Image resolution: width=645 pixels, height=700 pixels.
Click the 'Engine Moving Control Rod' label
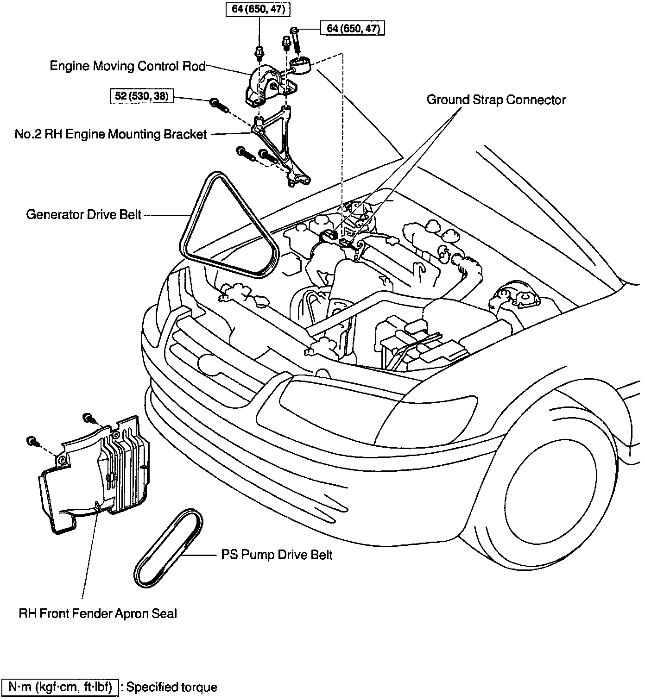click(127, 66)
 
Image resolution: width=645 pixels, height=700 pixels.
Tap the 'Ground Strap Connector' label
click(496, 100)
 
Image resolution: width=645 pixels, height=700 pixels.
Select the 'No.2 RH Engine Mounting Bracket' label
click(111, 134)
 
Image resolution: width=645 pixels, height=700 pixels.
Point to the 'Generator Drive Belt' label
click(84, 215)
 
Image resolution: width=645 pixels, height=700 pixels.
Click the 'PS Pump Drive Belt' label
click(277, 555)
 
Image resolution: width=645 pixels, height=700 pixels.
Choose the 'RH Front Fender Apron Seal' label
click(98, 614)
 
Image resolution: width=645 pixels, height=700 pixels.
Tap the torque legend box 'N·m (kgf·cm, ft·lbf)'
click(60, 687)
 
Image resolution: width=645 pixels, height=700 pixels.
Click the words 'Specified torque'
click(171, 687)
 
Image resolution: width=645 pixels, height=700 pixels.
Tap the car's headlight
click(375, 407)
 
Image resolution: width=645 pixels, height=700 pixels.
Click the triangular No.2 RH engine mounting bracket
click(276, 139)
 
